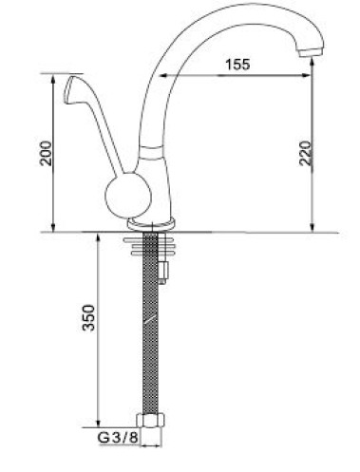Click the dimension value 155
(x=237, y=65)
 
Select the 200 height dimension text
(x=46, y=153)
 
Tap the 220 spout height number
(x=306, y=153)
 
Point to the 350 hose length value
(x=88, y=318)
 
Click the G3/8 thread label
(x=118, y=438)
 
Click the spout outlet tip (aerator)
(x=311, y=52)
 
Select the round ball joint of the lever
(x=128, y=196)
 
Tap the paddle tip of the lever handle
(x=71, y=89)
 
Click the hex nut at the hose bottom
(x=151, y=421)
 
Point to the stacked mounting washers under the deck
(x=149, y=246)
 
